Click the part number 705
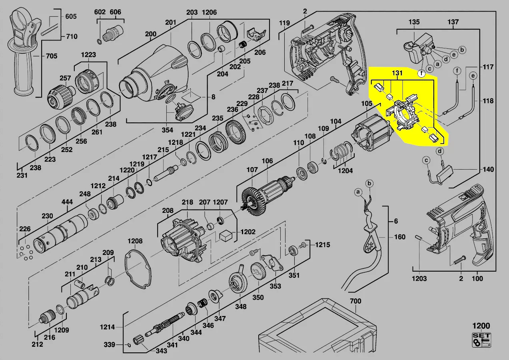[52, 56]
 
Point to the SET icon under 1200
[481, 340]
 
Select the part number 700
[355, 301]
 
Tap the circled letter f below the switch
[421, 73]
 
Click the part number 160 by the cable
[400, 237]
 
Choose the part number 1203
[419, 278]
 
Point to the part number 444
[67, 202]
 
